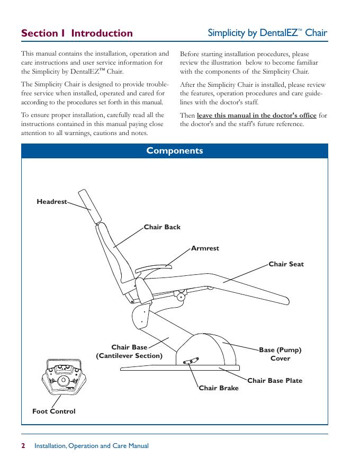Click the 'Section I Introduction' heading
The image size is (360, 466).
77,33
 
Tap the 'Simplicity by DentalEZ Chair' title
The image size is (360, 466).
267,33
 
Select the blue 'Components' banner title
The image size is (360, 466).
175,151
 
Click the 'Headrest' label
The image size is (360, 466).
52,202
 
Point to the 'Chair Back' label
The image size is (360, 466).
162,227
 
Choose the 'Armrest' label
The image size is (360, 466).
205,248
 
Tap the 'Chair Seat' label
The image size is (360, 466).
286,264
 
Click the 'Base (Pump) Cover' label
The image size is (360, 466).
280,354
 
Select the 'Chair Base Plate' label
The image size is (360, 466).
275,380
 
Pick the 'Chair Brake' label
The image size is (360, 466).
219,388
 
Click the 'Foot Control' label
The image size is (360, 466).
53,411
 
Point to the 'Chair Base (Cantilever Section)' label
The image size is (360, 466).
129,352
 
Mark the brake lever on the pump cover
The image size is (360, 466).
191,361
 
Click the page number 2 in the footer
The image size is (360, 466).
23,446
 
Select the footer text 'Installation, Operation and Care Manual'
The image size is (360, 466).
91,446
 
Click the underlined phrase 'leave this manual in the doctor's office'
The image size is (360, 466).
257,115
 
